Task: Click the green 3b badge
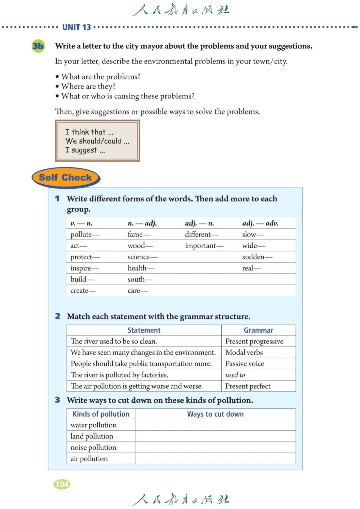(38, 46)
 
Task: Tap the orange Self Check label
(65, 177)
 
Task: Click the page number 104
(62, 484)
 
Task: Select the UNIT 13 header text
(77, 27)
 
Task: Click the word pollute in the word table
(81, 234)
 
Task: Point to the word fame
(135, 234)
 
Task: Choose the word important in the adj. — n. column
(201, 246)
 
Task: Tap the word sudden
(253, 257)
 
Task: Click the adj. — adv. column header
(260, 223)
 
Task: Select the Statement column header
(144, 330)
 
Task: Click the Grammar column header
(258, 330)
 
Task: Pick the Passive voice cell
(245, 364)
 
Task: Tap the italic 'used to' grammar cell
(235, 375)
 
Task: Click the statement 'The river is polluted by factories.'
(119, 375)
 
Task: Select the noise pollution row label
(93, 447)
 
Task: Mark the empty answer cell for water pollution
(215, 425)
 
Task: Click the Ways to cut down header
(215, 414)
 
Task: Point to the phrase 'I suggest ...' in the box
(85, 150)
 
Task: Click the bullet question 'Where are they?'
(88, 86)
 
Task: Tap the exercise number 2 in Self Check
(58, 316)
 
